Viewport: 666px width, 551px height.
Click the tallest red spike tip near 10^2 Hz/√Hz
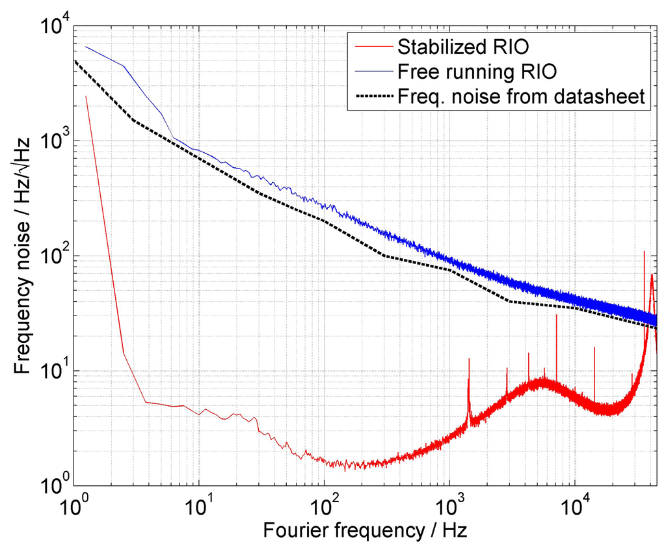point(645,251)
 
